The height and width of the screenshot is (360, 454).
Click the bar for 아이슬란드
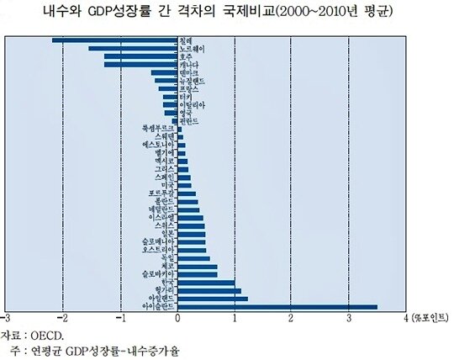277,306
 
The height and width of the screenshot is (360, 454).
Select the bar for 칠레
114,40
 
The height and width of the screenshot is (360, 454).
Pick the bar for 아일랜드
213,298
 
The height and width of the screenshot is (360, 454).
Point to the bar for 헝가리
209,290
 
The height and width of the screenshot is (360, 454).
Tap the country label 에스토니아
161,144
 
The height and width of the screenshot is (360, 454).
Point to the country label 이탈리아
192,104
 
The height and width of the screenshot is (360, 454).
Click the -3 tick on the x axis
7,319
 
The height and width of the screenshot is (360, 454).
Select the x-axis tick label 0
177,319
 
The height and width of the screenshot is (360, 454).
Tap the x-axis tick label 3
349,319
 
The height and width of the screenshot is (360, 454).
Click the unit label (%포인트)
429,319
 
